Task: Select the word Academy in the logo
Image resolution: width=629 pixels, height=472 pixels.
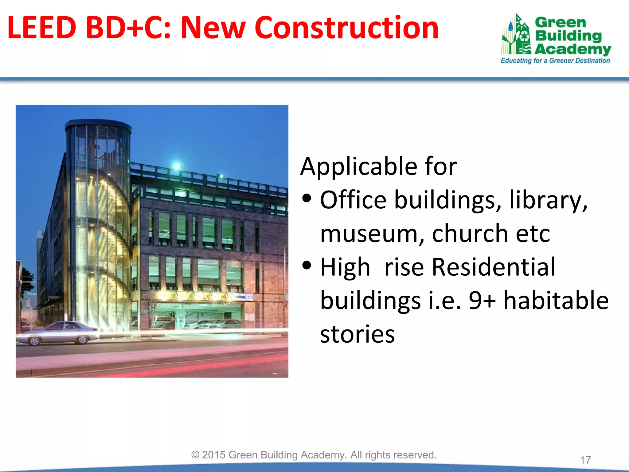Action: pyautogui.click(x=573, y=49)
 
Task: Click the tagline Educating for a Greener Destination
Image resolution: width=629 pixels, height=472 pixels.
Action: pyautogui.click(x=555, y=61)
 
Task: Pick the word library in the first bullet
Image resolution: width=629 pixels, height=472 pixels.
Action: pyautogui.click(x=548, y=200)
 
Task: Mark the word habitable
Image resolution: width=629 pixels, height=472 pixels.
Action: pyautogui.click(x=556, y=301)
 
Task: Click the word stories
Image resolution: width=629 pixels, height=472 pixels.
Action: pyautogui.click(x=357, y=334)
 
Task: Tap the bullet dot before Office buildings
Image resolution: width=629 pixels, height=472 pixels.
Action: pyautogui.click(x=307, y=199)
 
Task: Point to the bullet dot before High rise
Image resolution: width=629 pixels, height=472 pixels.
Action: pyautogui.click(x=307, y=265)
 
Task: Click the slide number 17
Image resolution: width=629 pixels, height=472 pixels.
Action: pyautogui.click(x=585, y=460)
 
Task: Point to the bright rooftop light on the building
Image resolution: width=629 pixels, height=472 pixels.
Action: pyautogui.click(x=177, y=166)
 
